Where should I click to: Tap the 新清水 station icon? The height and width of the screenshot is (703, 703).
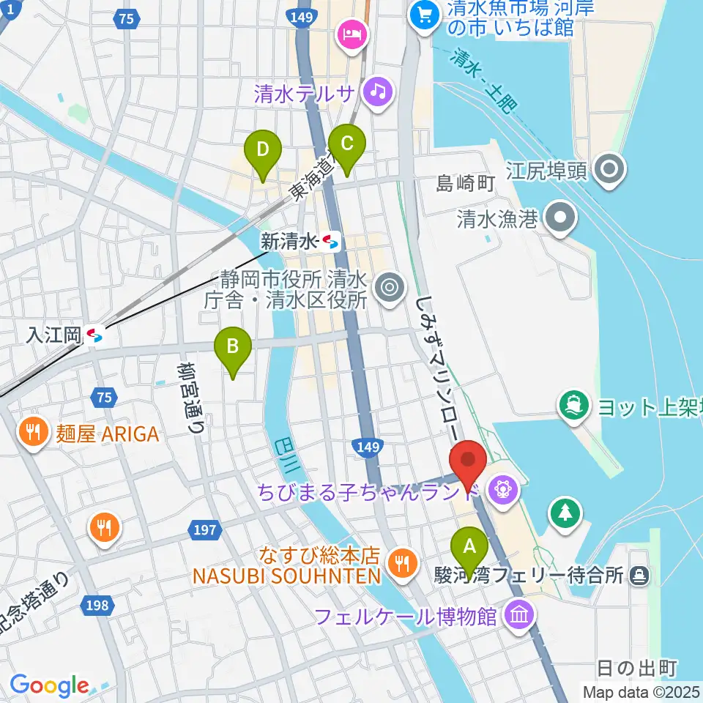coord(331,241)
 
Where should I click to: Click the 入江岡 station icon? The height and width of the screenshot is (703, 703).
coord(94,335)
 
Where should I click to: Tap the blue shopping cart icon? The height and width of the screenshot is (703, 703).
coord(423,12)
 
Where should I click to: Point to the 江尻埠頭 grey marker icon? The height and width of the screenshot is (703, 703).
coord(607,171)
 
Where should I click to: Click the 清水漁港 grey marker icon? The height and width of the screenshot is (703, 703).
coord(562,218)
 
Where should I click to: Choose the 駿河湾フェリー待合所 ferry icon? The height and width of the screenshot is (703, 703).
coord(639,576)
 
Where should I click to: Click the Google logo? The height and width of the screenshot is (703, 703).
coord(49,685)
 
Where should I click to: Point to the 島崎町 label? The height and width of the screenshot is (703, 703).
coord(466,184)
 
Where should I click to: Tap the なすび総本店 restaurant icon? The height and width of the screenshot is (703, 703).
coord(400,562)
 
